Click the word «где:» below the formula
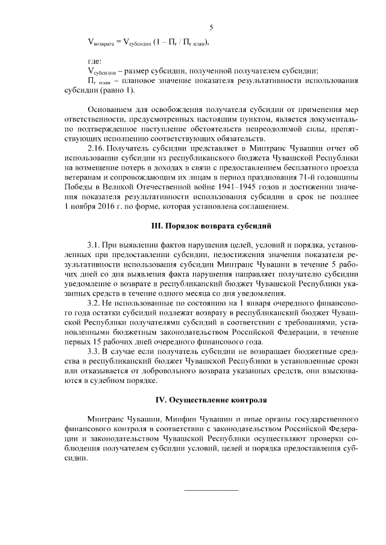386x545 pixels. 95,60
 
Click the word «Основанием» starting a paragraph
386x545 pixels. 112,110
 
